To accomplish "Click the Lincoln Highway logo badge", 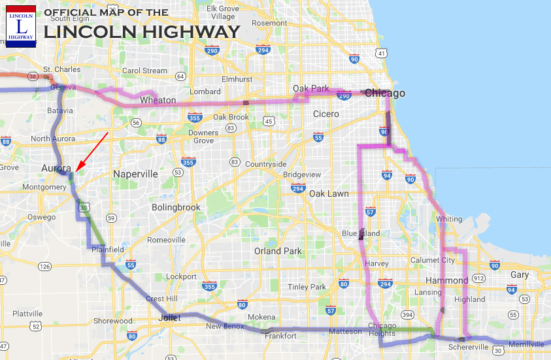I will pyautogui.click(x=21, y=26).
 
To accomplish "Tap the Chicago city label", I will pyautogui.click(x=385, y=93).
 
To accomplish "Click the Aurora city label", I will pyautogui.click(x=56, y=168).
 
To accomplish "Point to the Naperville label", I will pyautogui.click(x=135, y=174).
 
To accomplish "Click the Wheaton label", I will pyautogui.click(x=158, y=100).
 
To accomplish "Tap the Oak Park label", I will pyautogui.click(x=309, y=88).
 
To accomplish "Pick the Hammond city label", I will pyautogui.click(x=448, y=280).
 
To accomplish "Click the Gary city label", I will pyautogui.click(x=520, y=275).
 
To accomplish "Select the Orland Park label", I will pyautogui.click(x=278, y=251).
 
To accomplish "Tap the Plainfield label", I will pyautogui.click(x=107, y=250).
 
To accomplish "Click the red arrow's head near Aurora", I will pyautogui.click(x=75, y=171).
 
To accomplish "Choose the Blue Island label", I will pyautogui.click(x=361, y=233).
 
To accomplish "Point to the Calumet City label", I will pyautogui.click(x=433, y=259).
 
